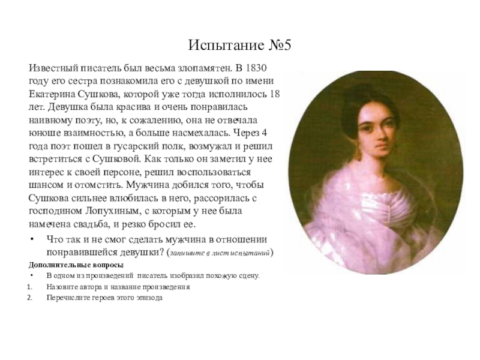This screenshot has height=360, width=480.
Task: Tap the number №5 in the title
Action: tap(277, 46)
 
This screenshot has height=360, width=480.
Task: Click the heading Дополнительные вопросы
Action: tap(76, 265)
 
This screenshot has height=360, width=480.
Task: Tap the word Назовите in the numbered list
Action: tap(61, 287)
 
